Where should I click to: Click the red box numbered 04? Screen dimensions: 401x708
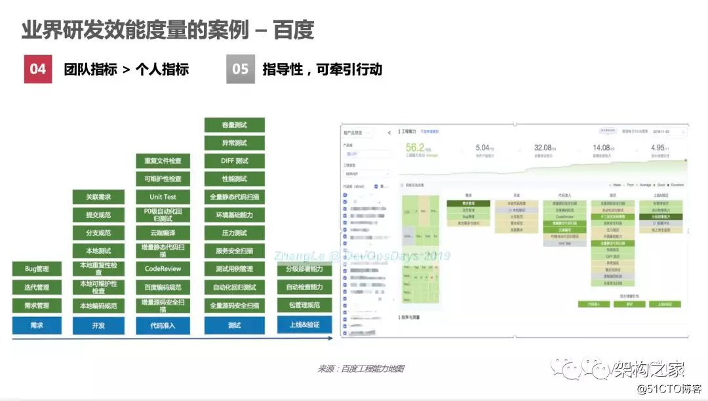click(38, 69)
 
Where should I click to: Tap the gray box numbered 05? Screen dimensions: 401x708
click(241, 69)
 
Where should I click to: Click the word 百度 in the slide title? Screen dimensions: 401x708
click(294, 30)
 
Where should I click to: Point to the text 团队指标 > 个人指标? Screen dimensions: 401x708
click(127, 69)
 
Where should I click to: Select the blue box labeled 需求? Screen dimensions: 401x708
click(37, 326)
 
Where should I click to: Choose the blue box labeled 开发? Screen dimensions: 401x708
click(98, 326)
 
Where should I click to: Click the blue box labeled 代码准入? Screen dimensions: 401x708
click(163, 326)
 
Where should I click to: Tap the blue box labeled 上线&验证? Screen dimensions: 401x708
click(305, 325)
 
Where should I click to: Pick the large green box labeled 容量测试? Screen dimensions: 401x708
click(234, 125)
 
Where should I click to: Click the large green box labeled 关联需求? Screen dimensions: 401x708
click(98, 196)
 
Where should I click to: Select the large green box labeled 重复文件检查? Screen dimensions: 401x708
click(163, 160)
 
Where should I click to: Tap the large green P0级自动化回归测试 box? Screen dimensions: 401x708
click(163, 215)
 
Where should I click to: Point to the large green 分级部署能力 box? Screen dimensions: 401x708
click(305, 269)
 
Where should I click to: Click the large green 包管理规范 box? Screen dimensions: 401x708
click(305, 305)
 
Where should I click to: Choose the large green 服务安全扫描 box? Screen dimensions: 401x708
click(234, 251)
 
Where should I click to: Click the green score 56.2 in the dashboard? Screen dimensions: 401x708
click(415, 147)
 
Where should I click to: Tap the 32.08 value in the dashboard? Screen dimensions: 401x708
click(543, 148)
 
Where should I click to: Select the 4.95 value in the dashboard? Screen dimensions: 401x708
click(658, 148)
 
